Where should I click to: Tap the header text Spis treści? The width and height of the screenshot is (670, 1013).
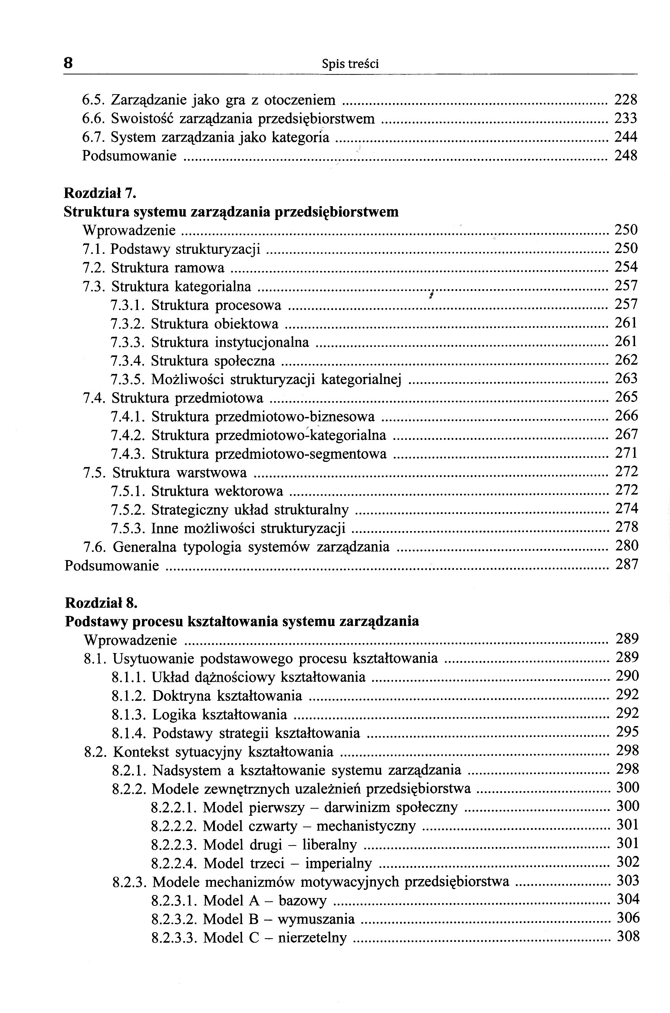click(x=350, y=64)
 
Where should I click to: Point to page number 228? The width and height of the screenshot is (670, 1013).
click(x=625, y=100)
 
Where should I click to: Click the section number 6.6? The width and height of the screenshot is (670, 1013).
click(x=94, y=118)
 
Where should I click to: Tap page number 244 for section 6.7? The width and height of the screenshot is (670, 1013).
click(x=625, y=137)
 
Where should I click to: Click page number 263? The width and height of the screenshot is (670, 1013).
click(x=626, y=378)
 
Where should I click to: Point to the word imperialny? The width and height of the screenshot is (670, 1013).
click(x=338, y=863)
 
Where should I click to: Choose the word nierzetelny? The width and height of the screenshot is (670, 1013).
click(x=312, y=938)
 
